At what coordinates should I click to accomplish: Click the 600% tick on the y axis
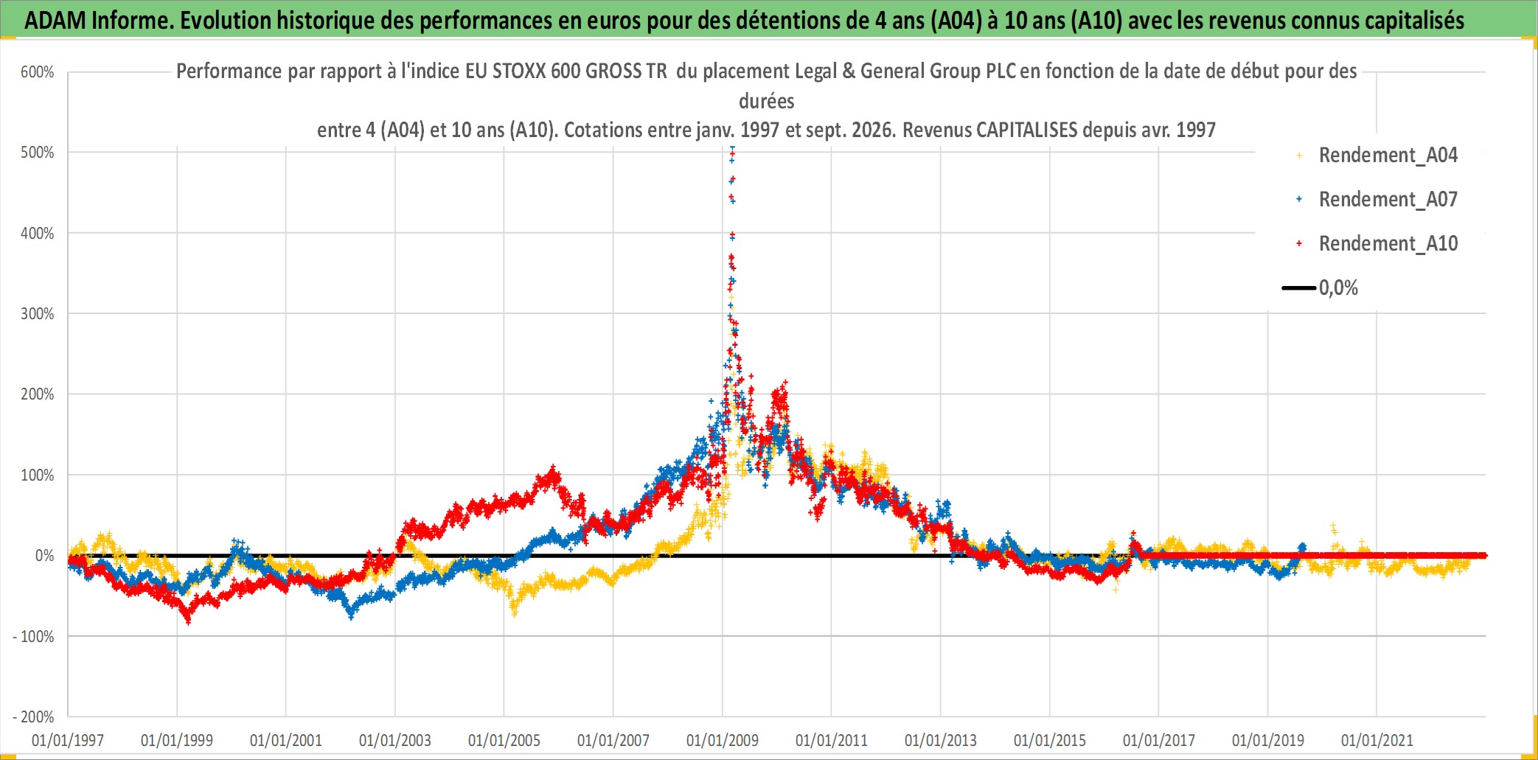[x=38, y=72]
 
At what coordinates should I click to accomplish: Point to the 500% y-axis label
[x=38, y=153]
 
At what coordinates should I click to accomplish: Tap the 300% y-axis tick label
[x=38, y=314]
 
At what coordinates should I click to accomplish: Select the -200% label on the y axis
[x=34, y=717]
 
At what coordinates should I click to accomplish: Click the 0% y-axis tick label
[x=45, y=556]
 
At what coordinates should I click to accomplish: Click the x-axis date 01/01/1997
[x=68, y=740]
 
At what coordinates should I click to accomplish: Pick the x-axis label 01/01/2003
[x=395, y=740]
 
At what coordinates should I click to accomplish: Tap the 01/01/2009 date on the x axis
[x=723, y=740]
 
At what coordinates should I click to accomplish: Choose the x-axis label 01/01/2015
[x=1050, y=740]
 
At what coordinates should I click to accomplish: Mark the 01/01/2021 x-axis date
[x=1377, y=740]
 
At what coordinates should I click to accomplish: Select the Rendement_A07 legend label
[x=1388, y=200]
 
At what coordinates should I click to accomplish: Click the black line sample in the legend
[x=1299, y=288]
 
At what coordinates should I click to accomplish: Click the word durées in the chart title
[x=767, y=101]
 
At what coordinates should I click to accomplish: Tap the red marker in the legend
[x=1299, y=243]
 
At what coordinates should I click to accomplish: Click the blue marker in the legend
[x=1299, y=199]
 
